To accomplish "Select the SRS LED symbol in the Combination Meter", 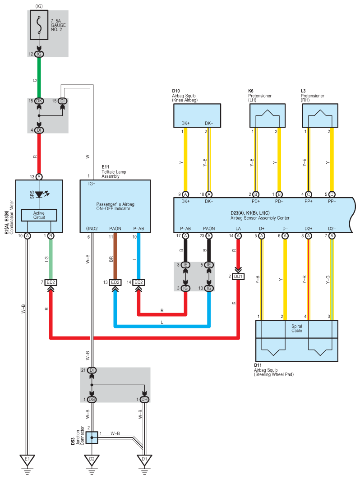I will (40, 195).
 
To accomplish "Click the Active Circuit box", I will (39, 216).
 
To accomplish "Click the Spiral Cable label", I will (296, 328).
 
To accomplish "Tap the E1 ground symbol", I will (27, 460).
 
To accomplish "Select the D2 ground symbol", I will (92, 460).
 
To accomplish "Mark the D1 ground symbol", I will (144, 460).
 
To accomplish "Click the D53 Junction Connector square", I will (92, 437).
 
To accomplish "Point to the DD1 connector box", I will (238, 276).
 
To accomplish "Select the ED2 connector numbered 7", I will (51, 282).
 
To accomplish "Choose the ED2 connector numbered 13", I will (115, 282).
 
